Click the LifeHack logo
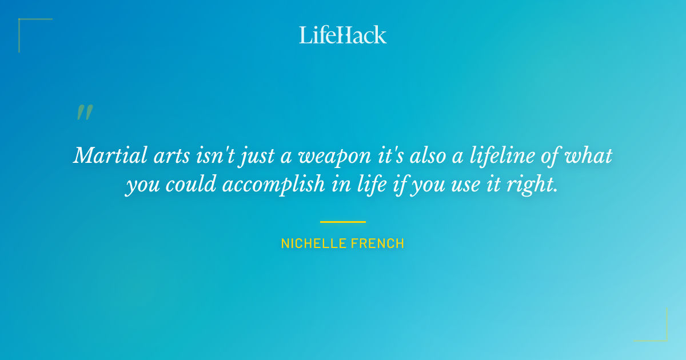(x=343, y=35)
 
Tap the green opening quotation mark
(x=84, y=113)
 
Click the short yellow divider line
(x=343, y=222)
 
